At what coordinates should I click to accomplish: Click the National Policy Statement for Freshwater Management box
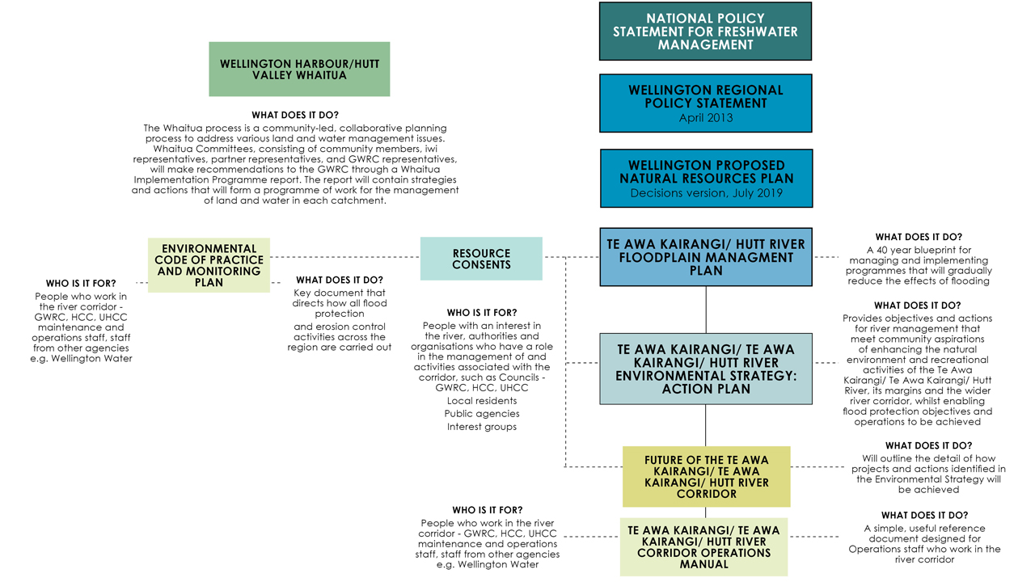pyautogui.click(x=706, y=32)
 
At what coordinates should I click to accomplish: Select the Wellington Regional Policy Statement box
pyautogui.click(x=706, y=103)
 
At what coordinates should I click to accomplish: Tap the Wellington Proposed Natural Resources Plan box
pyautogui.click(x=706, y=179)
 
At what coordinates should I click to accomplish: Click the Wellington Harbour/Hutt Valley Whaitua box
pyautogui.click(x=299, y=70)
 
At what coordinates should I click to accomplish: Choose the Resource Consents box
pyautogui.click(x=481, y=259)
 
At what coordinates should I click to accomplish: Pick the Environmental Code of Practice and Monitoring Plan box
pyautogui.click(x=209, y=265)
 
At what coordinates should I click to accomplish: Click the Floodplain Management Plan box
pyautogui.click(x=706, y=257)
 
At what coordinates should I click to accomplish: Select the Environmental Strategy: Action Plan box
pyautogui.click(x=706, y=369)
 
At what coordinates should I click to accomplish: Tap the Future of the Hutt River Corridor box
pyautogui.click(x=707, y=477)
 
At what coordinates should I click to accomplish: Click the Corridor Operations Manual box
pyautogui.click(x=703, y=547)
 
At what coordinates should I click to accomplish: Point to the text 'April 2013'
pyautogui.click(x=706, y=118)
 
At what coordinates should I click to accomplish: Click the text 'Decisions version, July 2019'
pyautogui.click(x=706, y=193)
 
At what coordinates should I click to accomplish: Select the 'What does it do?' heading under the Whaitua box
pyautogui.click(x=295, y=115)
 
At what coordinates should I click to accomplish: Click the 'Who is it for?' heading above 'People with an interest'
pyautogui.click(x=481, y=313)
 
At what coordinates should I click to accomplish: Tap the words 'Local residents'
pyautogui.click(x=481, y=401)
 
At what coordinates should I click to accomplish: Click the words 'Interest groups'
pyautogui.click(x=481, y=427)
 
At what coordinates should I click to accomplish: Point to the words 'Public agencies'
pyautogui.click(x=481, y=414)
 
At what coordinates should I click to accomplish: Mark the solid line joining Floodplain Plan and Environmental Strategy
pyautogui.click(x=706, y=310)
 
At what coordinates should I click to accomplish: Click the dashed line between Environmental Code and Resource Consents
pyautogui.click(x=345, y=257)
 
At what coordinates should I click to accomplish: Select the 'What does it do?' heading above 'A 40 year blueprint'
pyautogui.click(x=918, y=237)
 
